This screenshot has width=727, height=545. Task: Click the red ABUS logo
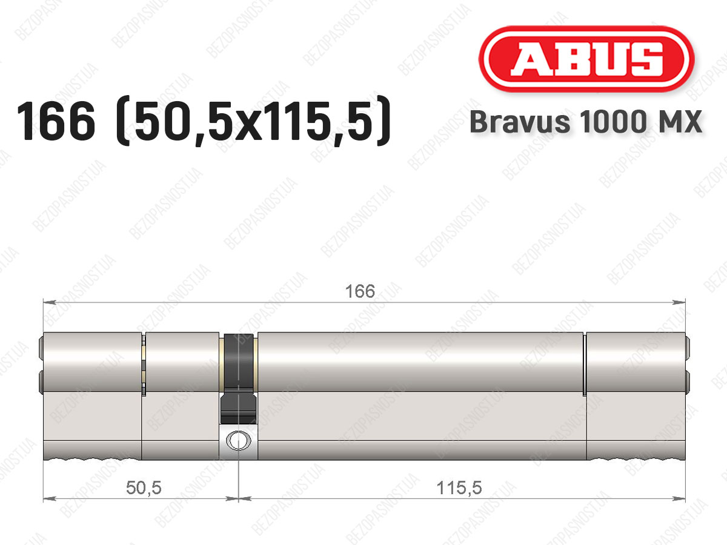click(x=586, y=59)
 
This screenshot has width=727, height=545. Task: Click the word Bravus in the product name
click(x=520, y=122)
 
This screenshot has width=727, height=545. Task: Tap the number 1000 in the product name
click(x=613, y=122)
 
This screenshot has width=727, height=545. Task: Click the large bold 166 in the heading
click(x=56, y=121)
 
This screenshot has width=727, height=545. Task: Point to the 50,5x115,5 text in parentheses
click(x=253, y=121)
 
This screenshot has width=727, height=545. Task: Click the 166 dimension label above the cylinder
click(x=360, y=291)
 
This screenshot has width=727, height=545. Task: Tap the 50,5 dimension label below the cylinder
click(x=144, y=487)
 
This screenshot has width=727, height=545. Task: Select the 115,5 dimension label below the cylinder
click(x=459, y=487)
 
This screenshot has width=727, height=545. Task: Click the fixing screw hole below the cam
click(x=239, y=440)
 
